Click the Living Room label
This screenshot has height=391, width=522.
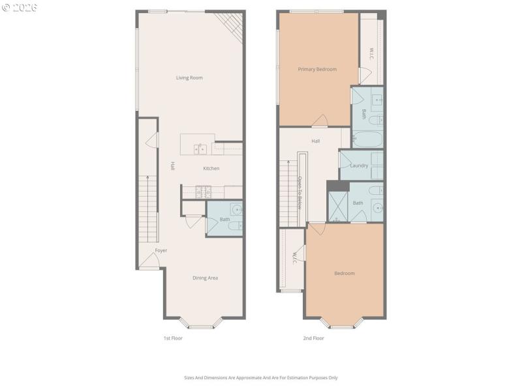(189, 78)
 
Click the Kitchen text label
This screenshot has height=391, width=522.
(211, 168)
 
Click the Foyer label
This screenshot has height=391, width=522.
(161, 250)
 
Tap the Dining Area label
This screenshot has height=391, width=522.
(205, 278)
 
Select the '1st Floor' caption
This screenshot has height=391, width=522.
(172, 338)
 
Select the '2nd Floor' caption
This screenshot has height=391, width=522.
(314, 338)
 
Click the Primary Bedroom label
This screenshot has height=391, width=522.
(317, 69)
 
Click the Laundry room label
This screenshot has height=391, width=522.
(359, 166)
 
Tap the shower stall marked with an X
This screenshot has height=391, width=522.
(338, 203)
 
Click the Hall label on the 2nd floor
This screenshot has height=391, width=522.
(316, 141)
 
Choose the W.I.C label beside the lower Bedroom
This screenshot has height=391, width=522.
(294, 258)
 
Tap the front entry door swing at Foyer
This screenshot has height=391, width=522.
(149, 262)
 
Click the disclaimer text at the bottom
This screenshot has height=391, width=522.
(261, 377)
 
